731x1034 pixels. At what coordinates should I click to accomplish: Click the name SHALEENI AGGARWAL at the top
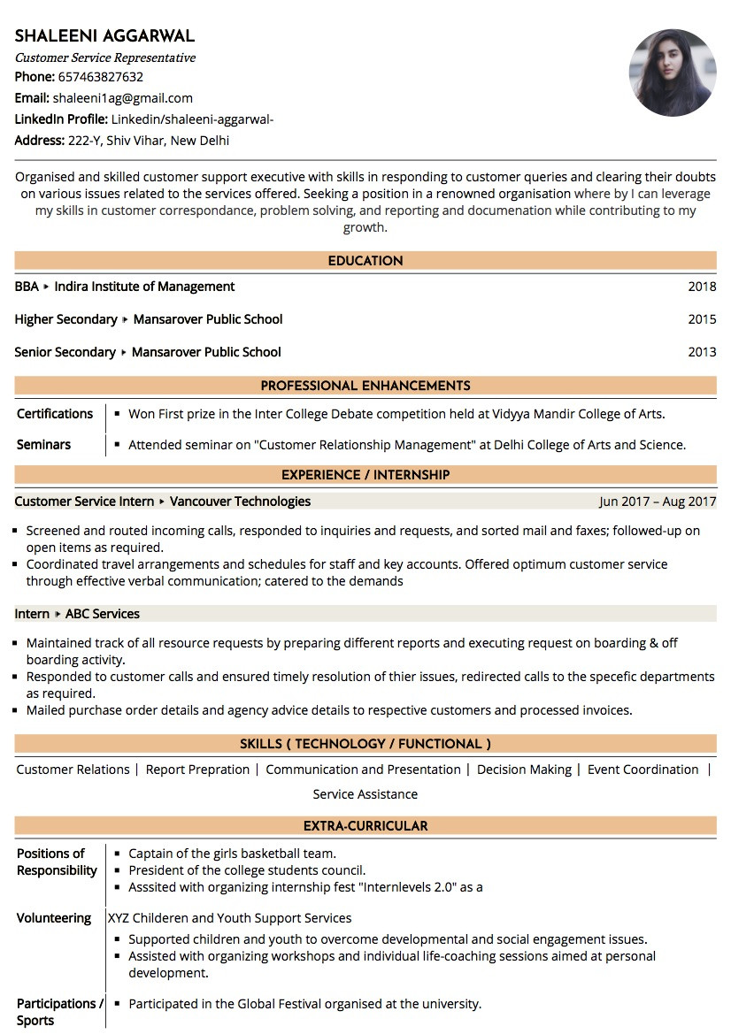(104, 36)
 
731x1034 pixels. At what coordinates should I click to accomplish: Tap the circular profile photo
(672, 73)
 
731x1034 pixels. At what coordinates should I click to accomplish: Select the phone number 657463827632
(101, 77)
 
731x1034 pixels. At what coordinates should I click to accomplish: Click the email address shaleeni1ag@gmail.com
(122, 98)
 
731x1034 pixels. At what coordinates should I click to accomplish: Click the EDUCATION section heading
(365, 261)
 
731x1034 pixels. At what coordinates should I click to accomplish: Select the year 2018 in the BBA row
(702, 287)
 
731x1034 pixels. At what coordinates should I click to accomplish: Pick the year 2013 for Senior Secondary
(702, 352)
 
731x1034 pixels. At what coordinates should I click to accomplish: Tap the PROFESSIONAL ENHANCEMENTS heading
(365, 386)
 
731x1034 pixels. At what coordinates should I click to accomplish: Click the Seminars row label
(43, 445)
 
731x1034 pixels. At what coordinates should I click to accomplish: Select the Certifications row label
(55, 414)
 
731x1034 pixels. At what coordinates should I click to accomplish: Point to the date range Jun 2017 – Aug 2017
(657, 502)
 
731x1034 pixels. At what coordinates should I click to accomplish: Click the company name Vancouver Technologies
(240, 502)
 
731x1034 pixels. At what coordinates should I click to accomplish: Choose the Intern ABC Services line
(77, 614)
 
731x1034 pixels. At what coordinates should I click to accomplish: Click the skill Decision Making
(524, 770)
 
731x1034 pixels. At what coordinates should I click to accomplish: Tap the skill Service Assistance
(365, 794)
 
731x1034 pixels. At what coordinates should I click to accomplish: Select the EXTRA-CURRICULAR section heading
(365, 826)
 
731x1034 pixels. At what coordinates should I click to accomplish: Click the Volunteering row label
(54, 918)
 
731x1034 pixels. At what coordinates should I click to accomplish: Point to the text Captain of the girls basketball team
(232, 854)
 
